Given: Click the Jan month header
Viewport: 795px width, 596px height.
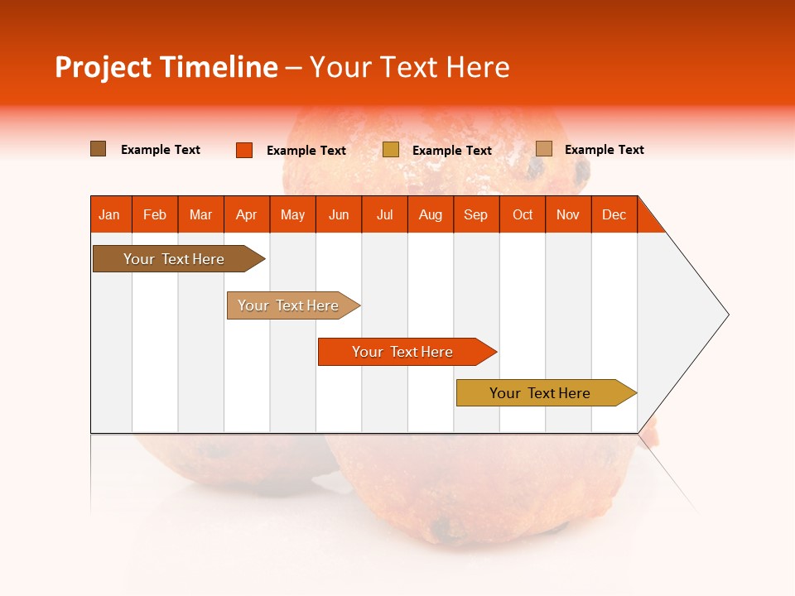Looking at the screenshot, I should click(x=110, y=214).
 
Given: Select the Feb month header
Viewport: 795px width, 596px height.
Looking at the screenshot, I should click(x=155, y=214).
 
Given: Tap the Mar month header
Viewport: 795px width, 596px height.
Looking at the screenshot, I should click(x=200, y=214).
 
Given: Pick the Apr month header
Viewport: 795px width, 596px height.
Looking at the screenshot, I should click(x=247, y=214).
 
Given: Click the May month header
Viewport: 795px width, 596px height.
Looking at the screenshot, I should click(x=292, y=214).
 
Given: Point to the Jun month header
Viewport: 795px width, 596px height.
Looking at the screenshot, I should click(x=339, y=214).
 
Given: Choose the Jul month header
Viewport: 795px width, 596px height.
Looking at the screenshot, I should click(x=384, y=214).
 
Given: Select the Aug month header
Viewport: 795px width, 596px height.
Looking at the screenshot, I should click(x=431, y=214).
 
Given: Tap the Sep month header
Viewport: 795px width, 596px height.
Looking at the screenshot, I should click(x=476, y=214).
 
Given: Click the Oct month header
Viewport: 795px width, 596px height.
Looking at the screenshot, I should click(x=523, y=214).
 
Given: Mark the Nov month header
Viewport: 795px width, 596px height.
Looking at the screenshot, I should click(x=568, y=214).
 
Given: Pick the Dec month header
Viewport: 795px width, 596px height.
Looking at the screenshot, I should click(x=614, y=214).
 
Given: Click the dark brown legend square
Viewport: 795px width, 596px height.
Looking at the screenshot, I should click(x=99, y=149).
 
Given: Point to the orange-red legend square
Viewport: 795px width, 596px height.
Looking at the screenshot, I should click(x=244, y=150).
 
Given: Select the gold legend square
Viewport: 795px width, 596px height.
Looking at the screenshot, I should click(x=391, y=150).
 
